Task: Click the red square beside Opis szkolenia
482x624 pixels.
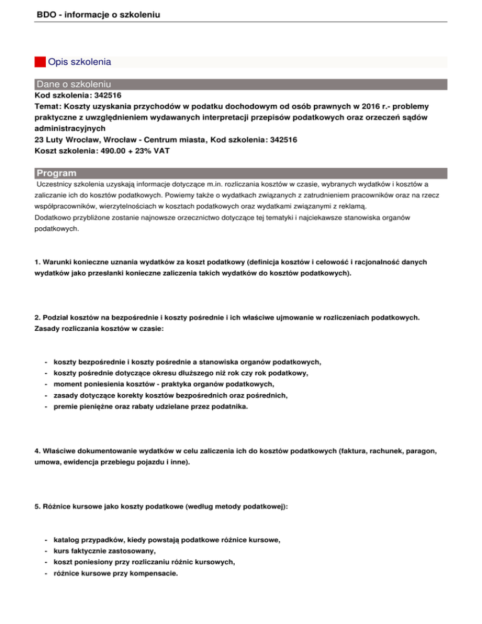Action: coord(40,62)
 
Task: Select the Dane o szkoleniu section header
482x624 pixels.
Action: coord(74,84)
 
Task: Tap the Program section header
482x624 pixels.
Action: coord(56,173)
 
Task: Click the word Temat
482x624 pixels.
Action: coord(47,107)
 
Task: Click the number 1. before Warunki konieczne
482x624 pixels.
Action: coord(38,261)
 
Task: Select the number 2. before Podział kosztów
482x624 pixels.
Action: coord(38,318)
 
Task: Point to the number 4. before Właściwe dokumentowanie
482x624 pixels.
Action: coord(38,450)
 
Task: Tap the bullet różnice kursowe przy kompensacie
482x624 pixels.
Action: coord(119,573)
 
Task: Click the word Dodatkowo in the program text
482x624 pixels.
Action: coord(55,217)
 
